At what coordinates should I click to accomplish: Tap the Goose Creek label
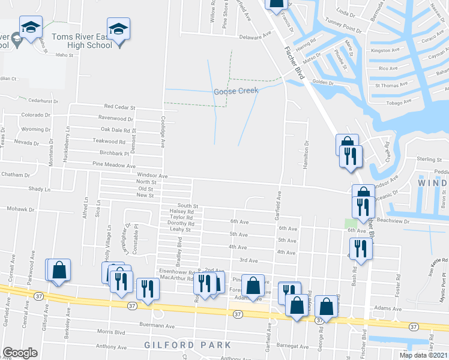click(x=236, y=91)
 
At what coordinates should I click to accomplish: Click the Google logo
click(x=20, y=353)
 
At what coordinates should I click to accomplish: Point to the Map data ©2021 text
click(x=423, y=355)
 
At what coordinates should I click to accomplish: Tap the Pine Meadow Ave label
click(x=114, y=165)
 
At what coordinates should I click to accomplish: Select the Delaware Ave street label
click(x=256, y=37)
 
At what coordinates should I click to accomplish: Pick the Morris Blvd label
click(x=111, y=332)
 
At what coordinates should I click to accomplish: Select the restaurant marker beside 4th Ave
click(x=360, y=247)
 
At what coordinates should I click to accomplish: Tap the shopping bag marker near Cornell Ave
click(x=59, y=270)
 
